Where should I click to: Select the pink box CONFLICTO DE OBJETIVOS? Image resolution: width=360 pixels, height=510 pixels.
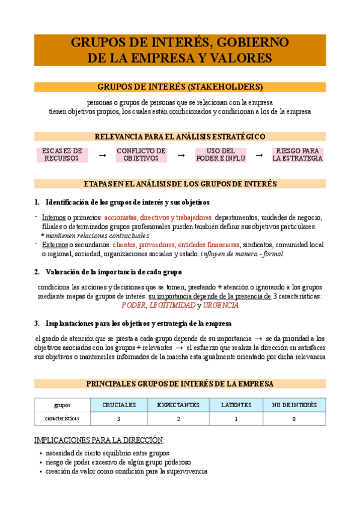click(x=141, y=155)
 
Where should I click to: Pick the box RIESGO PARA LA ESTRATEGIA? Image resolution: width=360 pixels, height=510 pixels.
click(x=297, y=155)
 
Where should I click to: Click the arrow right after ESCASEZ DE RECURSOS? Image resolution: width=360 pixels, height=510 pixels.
click(x=102, y=155)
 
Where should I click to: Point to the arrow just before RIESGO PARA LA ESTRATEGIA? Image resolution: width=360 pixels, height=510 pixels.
click(x=259, y=155)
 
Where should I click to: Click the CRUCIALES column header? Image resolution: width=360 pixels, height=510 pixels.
click(x=119, y=405)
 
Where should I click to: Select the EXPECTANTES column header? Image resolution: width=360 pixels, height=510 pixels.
click(x=178, y=405)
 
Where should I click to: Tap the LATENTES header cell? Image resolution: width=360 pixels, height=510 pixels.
click(x=236, y=405)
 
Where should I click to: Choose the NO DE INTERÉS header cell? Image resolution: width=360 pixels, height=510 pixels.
click(x=294, y=405)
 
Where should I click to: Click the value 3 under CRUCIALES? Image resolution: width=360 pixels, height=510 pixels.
click(x=119, y=419)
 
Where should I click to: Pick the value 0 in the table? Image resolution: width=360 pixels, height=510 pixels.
click(x=294, y=419)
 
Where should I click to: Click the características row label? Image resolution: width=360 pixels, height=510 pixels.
click(x=62, y=418)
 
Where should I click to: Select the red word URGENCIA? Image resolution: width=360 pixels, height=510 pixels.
click(x=221, y=306)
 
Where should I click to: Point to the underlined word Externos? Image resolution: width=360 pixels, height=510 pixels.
click(x=54, y=245)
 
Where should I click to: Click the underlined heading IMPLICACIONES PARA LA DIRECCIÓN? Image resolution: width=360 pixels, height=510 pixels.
click(x=99, y=440)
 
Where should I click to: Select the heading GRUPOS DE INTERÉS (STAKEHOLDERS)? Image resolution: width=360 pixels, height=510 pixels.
click(x=180, y=87)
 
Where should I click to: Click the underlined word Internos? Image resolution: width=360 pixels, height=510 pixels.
click(x=54, y=218)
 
